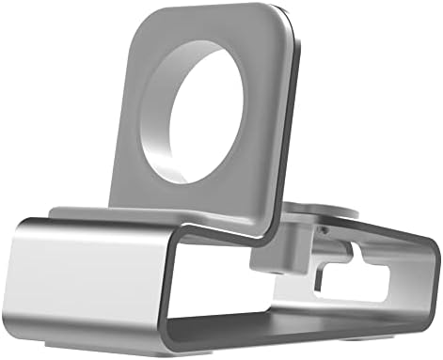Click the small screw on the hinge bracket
point(324,228)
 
